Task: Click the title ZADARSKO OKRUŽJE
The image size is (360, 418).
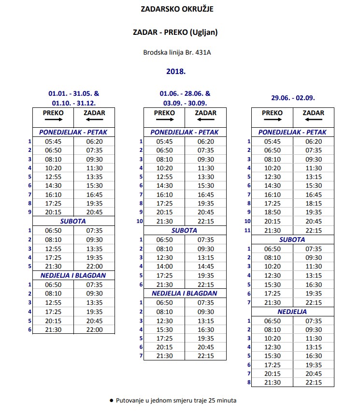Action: tap(176, 9)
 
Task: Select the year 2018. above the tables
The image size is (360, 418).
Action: tap(176, 71)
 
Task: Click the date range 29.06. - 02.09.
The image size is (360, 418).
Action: tap(293, 98)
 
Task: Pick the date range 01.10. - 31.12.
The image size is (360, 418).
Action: tap(73, 103)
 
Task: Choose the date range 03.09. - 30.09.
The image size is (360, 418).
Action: tap(185, 103)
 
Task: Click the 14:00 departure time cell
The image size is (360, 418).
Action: tap(165, 266)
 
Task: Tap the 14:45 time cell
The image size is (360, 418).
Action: tap(205, 266)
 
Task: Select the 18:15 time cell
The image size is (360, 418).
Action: tap(313, 204)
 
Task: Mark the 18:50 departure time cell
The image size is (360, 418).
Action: tap(273, 212)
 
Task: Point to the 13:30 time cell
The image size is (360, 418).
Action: tap(205, 177)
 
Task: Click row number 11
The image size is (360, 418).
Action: tap(247, 230)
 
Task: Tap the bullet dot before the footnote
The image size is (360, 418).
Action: tap(111, 401)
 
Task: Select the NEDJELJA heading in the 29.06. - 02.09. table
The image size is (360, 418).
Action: tap(292, 312)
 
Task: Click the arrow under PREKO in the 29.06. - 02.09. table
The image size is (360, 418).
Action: tap(272, 119)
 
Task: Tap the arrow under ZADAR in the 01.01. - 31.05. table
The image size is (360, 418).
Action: tap(94, 119)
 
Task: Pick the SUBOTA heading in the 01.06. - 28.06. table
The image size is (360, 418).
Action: tap(185, 231)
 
